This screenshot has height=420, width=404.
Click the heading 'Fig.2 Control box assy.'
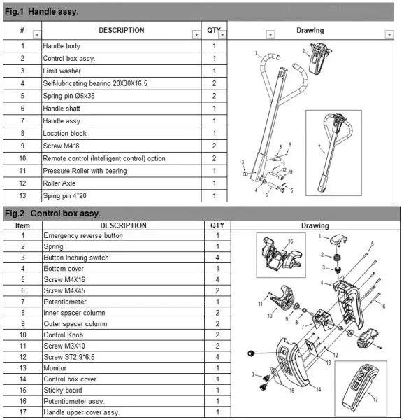click(52, 213)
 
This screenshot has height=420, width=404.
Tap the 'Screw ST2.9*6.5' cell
click(71, 358)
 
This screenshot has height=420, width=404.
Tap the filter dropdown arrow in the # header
click(36, 34)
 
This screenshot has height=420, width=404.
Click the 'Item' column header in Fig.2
click(23, 225)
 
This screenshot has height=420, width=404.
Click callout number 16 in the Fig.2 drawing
click(291, 241)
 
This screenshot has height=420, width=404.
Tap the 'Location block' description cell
click(65, 134)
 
